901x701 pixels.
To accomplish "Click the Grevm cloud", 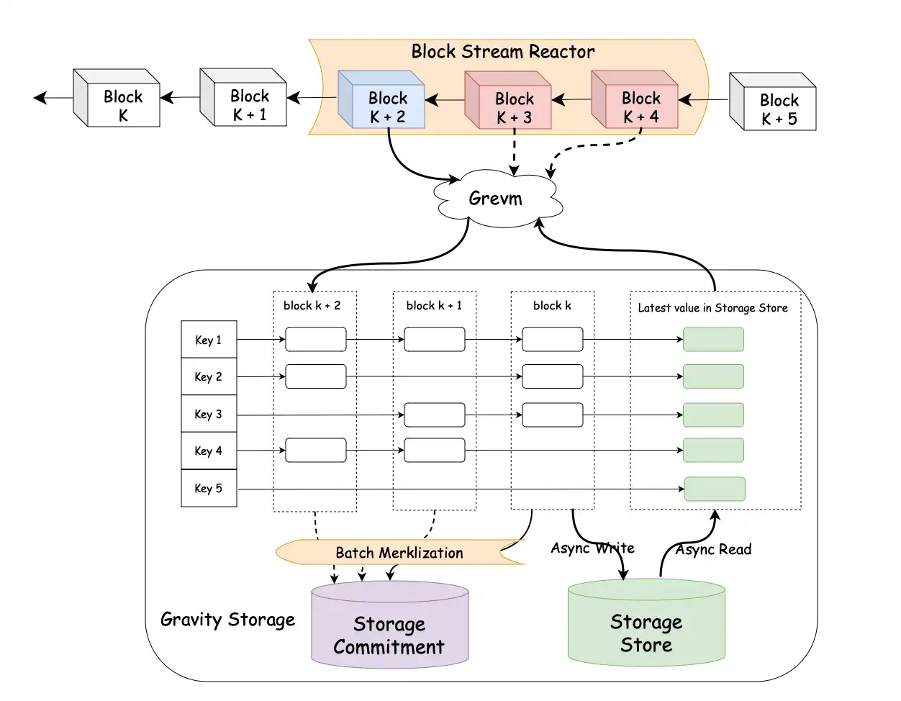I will [497, 199].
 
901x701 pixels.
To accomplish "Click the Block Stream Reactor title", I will [502, 52].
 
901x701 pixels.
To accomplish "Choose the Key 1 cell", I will [209, 340].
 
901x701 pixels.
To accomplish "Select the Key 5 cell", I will [209, 488].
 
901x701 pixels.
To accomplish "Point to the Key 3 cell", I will [209, 414].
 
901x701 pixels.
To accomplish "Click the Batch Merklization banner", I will [399, 553].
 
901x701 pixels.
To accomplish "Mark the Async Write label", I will [592, 548].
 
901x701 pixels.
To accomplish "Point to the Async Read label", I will [714, 550].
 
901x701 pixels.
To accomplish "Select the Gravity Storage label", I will [227, 620].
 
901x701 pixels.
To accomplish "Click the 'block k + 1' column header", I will [434, 306].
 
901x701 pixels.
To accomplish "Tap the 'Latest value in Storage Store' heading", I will [712, 308].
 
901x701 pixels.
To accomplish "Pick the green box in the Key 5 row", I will [714, 489].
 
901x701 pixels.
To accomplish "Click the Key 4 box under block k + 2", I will [316, 451].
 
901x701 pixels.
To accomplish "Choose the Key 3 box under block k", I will [552, 415].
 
